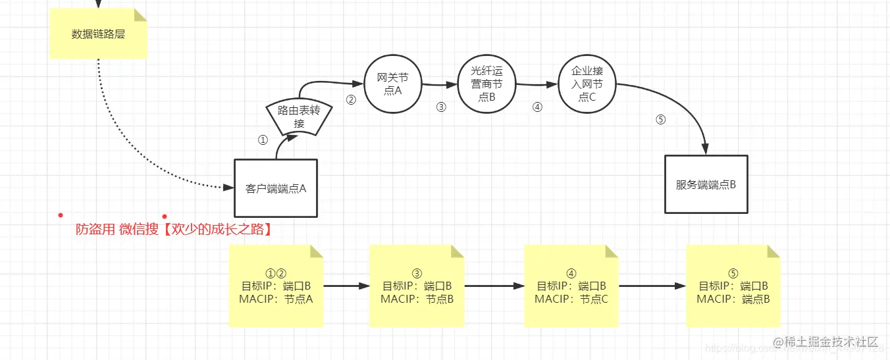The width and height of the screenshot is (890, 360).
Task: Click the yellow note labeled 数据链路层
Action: click(98, 34)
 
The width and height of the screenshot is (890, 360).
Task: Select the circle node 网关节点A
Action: click(393, 85)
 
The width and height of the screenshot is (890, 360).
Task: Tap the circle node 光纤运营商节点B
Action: click(486, 84)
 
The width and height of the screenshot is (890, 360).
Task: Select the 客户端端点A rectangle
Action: click(276, 188)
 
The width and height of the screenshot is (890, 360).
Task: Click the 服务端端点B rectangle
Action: click(706, 184)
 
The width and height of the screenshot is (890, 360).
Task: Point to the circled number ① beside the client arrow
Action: click(263, 140)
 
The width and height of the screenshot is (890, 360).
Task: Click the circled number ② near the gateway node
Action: click(351, 100)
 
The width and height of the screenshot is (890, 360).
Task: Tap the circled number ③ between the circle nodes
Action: click(441, 107)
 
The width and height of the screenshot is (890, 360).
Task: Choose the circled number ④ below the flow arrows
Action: click(537, 107)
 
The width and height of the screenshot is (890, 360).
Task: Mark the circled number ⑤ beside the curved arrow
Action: click(661, 120)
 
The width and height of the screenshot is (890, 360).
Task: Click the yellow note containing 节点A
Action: click(276, 286)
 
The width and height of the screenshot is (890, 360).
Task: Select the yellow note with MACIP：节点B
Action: click(417, 286)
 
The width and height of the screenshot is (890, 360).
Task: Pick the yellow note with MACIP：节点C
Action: click(571, 286)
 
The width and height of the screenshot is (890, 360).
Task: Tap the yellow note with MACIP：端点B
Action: click(733, 286)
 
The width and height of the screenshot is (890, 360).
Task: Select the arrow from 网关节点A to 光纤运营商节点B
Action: click(439, 85)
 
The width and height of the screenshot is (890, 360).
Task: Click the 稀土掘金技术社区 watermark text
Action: click(826, 342)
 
